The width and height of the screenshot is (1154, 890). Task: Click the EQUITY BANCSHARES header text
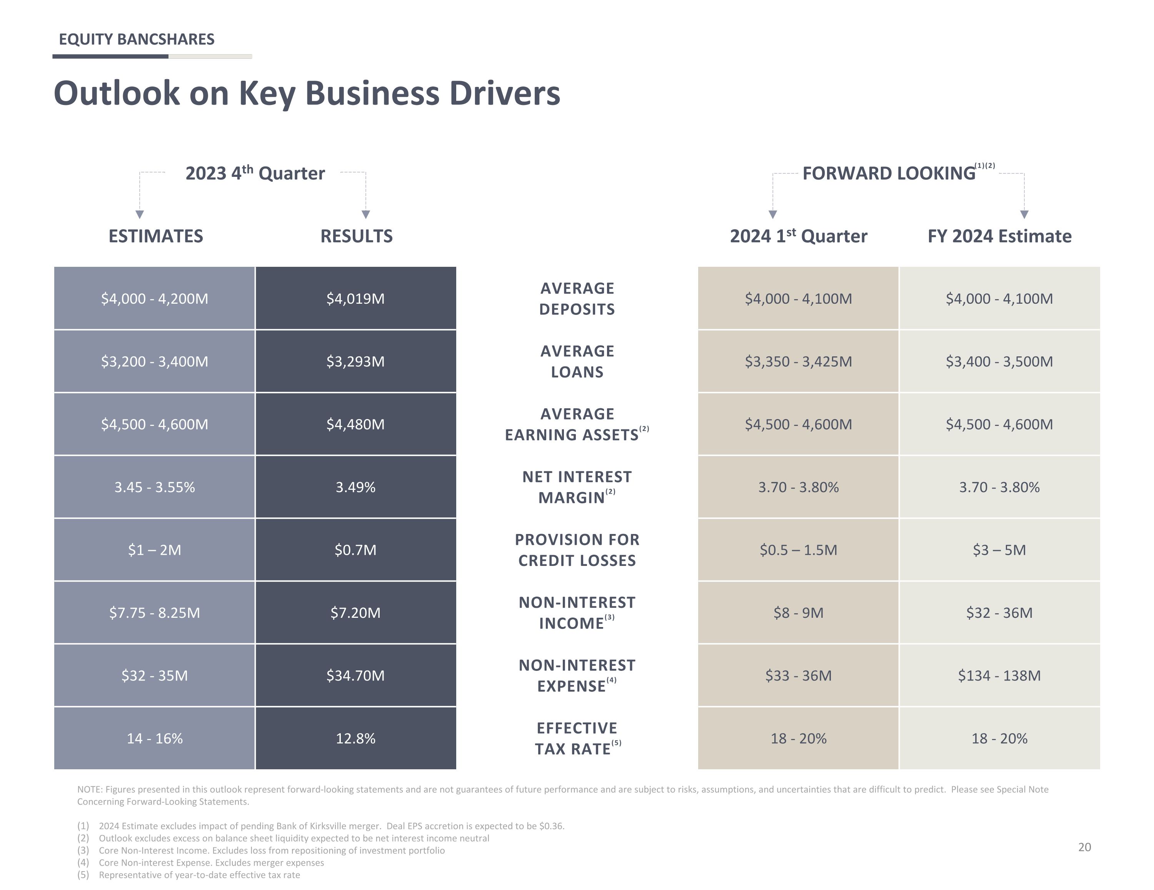136,39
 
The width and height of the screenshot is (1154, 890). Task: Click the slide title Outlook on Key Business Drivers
307,93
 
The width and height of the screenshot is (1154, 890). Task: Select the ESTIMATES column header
156,236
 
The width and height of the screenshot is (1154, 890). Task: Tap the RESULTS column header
357,236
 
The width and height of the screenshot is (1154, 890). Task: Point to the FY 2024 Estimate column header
1000,236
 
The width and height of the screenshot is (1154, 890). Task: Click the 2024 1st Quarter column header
799,236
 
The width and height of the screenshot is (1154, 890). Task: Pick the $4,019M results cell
355,298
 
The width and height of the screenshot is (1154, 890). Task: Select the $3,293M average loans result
355,361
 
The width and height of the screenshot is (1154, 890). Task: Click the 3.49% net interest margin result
355,487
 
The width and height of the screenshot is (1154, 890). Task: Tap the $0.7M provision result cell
355,550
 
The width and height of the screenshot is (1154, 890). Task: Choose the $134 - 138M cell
1000,675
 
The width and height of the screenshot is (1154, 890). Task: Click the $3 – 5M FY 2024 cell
1000,550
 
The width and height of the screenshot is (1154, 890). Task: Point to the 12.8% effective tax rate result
355,739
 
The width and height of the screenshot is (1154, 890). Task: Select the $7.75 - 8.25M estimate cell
154,613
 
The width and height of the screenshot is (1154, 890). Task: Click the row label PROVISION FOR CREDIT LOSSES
577,550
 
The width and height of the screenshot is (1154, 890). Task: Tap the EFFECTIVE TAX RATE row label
577,739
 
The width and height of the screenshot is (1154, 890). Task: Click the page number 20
1084,847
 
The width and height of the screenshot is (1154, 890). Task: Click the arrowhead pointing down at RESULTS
366,215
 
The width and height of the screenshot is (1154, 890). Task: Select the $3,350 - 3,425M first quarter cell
799,361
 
